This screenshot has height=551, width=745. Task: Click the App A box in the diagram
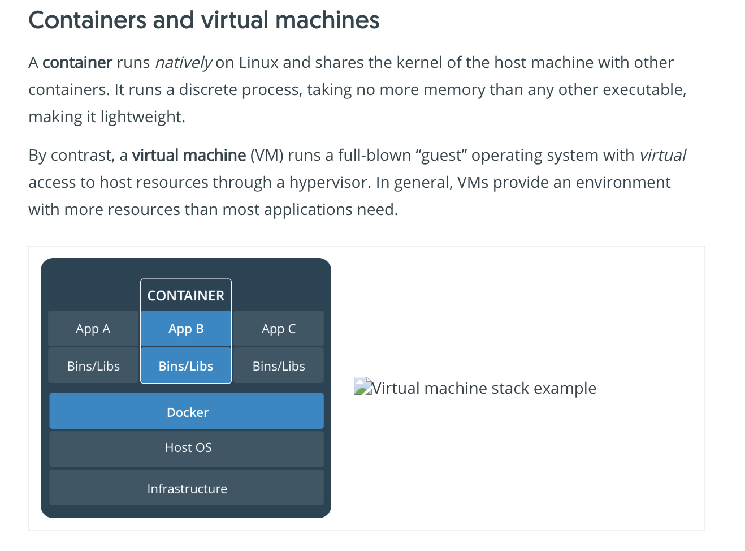click(93, 329)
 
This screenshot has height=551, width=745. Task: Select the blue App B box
click(186, 329)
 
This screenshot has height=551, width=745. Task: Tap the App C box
click(279, 329)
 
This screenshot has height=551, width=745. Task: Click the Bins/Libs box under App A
click(93, 366)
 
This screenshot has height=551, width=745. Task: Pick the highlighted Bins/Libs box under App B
click(186, 366)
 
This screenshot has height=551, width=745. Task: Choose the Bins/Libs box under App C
click(279, 366)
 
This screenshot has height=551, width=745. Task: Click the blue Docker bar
click(187, 411)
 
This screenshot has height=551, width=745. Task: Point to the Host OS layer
click(187, 448)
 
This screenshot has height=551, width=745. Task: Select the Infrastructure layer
click(187, 488)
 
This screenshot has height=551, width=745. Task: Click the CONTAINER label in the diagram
click(186, 295)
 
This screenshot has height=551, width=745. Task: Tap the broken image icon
click(362, 386)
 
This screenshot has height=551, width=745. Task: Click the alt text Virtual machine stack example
click(484, 388)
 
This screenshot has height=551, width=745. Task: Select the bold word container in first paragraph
click(77, 62)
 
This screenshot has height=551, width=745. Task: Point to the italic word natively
click(183, 62)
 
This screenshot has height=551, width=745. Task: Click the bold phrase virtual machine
click(189, 156)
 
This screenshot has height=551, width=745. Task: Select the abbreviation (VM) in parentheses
click(267, 156)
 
